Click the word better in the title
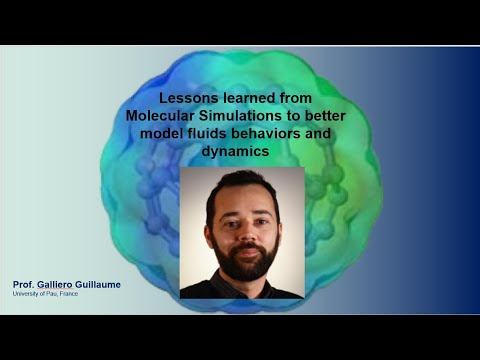coord(325,116)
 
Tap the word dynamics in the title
coord(235,152)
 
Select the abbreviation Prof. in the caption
coord(23,285)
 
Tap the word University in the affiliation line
coord(25,294)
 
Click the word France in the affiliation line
coord(70,294)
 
